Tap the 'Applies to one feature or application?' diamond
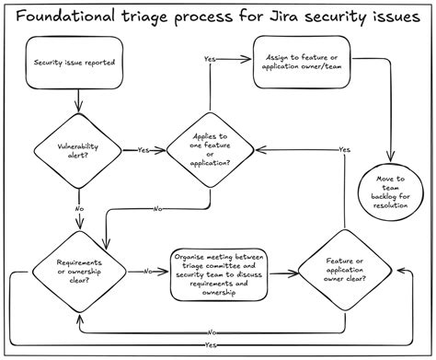coord(212,150)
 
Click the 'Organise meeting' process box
coord(222,273)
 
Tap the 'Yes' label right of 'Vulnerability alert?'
coord(143,149)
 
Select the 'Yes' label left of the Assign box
coord(210,60)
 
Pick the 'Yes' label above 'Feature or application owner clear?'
coord(343,149)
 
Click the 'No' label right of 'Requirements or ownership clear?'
coord(147,273)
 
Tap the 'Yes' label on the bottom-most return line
coord(212,344)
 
